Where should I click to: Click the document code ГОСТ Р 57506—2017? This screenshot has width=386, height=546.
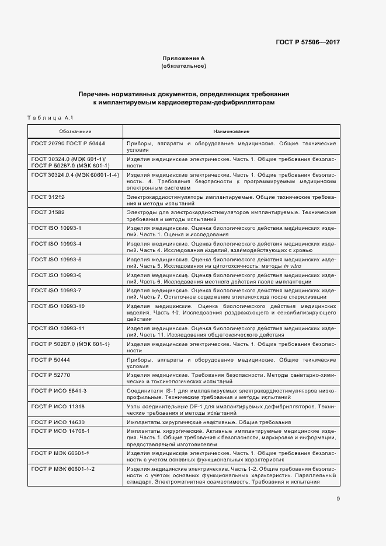pos(308,43)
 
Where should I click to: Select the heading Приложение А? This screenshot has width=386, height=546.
pos(183,59)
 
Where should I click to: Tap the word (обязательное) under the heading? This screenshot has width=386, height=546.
pos(183,66)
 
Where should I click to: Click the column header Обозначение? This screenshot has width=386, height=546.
pos(75,131)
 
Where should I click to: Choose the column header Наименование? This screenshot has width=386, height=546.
pos(231,131)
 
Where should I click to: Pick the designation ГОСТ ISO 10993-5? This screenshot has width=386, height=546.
pos(57,259)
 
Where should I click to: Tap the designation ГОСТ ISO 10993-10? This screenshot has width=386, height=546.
pos(58,306)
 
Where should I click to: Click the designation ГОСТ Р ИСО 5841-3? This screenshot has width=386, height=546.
pos(59,390)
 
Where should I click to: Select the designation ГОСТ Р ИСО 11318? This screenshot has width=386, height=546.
pos(58,405)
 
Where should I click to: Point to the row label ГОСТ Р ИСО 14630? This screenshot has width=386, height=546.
pos(58,421)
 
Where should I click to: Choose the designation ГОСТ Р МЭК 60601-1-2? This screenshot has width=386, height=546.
pos(64,468)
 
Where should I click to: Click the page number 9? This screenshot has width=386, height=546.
pos(338,498)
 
